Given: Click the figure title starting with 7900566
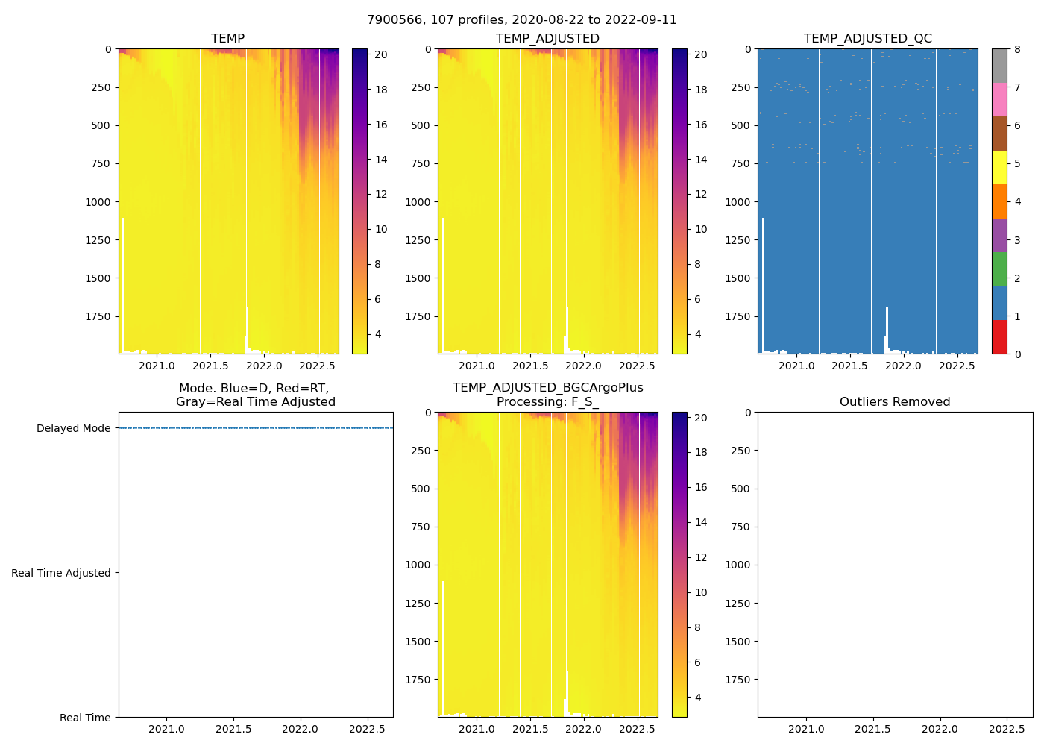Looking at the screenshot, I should (x=522, y=20).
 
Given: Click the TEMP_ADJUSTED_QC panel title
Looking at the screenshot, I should (x=867, y=38).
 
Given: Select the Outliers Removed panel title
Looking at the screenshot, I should (x=895, y=401).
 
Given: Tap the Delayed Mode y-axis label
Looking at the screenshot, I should (x=73, y=428).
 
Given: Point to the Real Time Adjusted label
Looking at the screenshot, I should (x=61, y=573).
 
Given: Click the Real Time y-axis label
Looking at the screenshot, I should (x=85, y=718).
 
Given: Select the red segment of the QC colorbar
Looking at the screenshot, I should (x=999, y=337).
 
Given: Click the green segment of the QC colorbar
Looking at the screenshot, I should (x=999, y=269).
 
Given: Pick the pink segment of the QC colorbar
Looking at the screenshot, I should (x=999, y=100).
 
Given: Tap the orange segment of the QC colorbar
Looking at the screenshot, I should (x=999, y=201).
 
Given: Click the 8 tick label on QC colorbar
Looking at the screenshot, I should (x=1017, y=49).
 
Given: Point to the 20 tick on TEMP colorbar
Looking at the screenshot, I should (x=380, y=54).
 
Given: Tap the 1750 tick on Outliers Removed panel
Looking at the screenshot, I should (x=738, y=680).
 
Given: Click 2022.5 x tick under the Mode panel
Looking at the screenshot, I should (x=366, y=729).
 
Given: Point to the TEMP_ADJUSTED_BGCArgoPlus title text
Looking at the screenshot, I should (x=547, y=388).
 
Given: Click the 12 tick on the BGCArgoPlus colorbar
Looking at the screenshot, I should (x=701, y=557).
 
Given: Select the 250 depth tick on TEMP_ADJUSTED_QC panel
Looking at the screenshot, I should (x=740, y=87).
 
